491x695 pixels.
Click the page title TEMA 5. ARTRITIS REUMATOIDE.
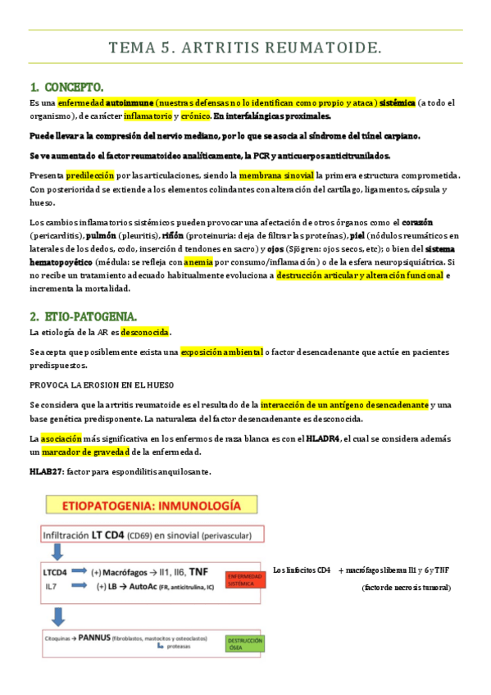(245, 49)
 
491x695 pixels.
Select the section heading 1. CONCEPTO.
(66, 87)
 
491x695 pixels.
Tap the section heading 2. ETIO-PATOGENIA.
(84, 316)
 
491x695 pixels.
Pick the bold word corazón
(416, 223)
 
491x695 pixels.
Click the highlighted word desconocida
(145, 332)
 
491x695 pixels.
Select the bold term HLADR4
(322, 439)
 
